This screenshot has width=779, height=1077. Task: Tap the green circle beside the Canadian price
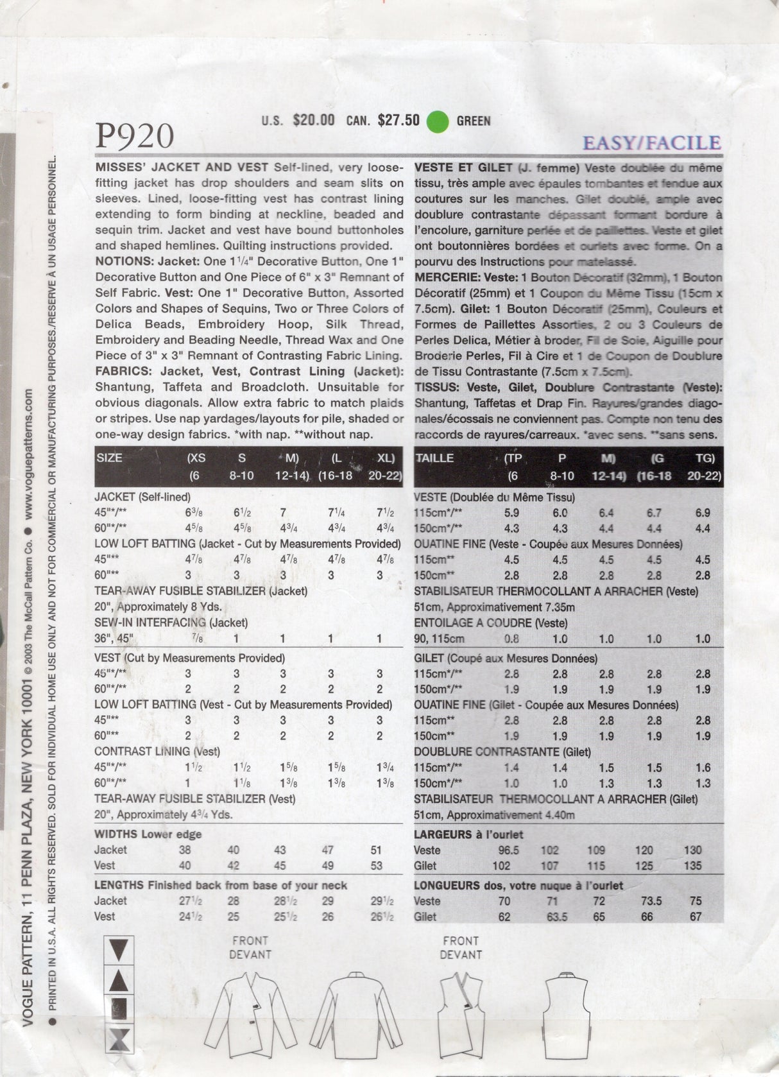click(x=438, y=121)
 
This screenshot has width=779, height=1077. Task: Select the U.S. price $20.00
click(x=313, y=120)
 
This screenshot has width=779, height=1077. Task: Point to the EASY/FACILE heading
click(x=651, y=142)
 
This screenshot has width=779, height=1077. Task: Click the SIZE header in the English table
click(x=109, y=458)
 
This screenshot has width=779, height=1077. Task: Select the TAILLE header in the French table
click(x=434, y=458)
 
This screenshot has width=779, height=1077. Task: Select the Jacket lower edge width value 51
click(x=376, y=850)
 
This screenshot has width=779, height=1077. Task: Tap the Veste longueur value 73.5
click(x=647, y=901)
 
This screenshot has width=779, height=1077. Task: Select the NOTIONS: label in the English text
click(x=124, y=262)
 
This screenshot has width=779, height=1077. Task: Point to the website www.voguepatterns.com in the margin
click(x=29, y=450)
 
